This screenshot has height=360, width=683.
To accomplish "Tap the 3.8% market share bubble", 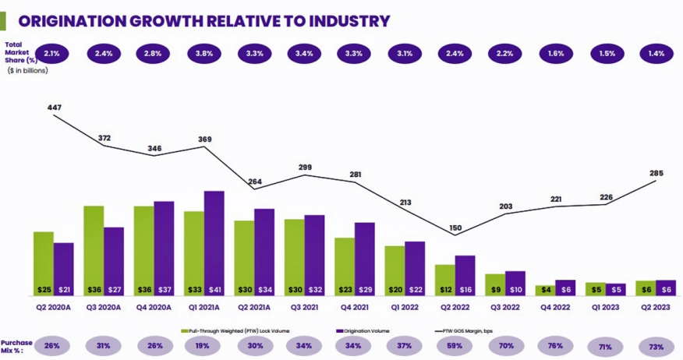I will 204,54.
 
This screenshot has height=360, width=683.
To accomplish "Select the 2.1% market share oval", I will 53,54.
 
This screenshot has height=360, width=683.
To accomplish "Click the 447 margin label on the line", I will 55,108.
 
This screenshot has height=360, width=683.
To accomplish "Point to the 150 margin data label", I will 455,228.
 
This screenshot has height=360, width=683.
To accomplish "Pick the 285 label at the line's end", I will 656,173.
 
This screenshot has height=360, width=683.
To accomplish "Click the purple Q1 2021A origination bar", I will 214,242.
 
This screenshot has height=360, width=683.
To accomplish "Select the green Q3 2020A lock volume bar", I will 94,249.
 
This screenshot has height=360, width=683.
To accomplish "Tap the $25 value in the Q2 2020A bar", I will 44,290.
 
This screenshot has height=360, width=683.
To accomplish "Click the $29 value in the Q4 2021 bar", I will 365,290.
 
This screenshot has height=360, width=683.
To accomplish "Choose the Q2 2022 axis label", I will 455,307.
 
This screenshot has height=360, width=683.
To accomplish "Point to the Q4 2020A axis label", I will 154,307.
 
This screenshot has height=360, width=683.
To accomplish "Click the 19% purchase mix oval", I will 204,345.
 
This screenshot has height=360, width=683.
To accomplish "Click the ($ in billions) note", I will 27,71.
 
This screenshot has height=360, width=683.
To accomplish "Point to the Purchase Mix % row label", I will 16,346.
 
